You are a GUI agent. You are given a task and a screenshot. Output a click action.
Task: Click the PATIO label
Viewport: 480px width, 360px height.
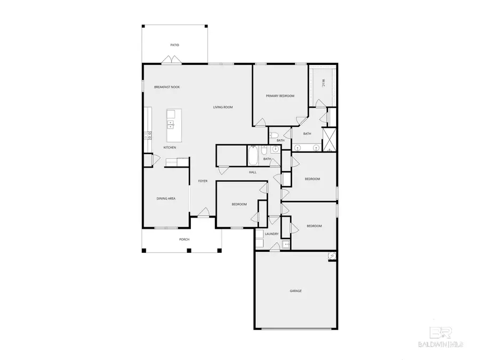(x=174, y=45)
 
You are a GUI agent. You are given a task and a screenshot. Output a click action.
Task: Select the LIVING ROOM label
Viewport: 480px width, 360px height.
(x=223, y=107)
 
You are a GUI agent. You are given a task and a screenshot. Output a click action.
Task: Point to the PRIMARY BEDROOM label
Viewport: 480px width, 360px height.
(x=280, y=96)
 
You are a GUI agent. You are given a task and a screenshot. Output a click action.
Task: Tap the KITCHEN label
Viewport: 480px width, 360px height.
(x=170, y=147)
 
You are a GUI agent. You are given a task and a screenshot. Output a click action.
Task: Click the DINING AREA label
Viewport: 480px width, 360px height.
(x=166, y=198)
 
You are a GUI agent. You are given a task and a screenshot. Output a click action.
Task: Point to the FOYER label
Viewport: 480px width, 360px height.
(x=203, y=181)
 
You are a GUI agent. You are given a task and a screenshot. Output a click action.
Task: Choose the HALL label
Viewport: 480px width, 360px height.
(x=252, y=172)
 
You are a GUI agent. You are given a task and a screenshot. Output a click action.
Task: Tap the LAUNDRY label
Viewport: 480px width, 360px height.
(x=271, y=234)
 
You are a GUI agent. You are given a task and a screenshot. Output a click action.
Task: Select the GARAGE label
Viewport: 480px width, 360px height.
(x=295, y=291)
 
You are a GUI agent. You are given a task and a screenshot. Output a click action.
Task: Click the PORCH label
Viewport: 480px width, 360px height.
(x=184, y=239)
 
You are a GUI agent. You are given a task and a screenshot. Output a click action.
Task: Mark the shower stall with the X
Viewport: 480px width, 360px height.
(x=329, y=138)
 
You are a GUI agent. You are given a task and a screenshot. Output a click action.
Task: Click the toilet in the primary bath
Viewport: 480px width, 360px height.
(x=273, y=135)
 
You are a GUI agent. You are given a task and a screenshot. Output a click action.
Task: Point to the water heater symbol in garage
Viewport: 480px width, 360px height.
(x=332, y=257)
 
